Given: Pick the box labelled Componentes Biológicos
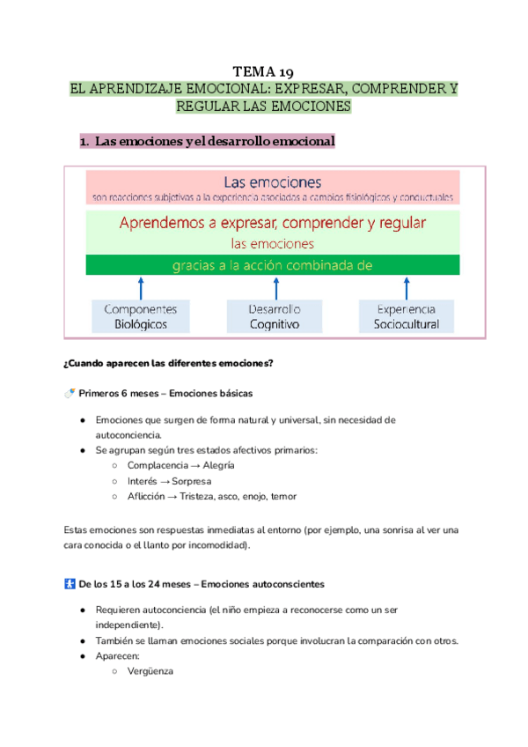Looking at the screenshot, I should coord(141,317).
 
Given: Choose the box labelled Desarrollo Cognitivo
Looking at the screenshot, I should coord(274,317).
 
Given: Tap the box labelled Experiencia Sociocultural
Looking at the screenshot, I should coord(406,317).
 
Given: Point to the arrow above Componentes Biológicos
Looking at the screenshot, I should coord(142,287).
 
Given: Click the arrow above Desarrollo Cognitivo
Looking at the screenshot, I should coord(275,287).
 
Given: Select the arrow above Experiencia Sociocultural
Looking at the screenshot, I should coord(407,287).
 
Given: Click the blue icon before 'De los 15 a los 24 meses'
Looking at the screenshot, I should coord(70,583).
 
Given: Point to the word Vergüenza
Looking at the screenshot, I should coord(150,671).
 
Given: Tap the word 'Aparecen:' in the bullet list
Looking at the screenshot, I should coord(116,655).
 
